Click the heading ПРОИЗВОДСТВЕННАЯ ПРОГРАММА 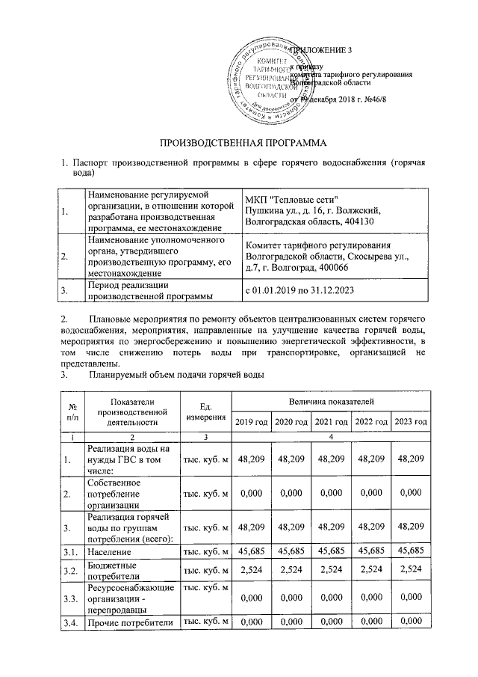[x=238, y=142]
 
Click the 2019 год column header [x=252, y=423]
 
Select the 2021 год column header [x=332, y=423]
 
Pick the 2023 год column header [x=411, y=423]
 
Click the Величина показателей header [x=332, y=403]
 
